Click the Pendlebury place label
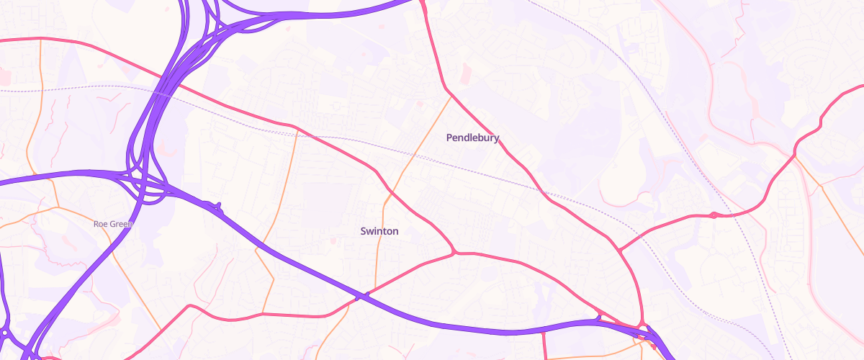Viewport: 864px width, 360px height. tap(472, 138)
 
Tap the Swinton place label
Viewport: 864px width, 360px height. tap(379, 231)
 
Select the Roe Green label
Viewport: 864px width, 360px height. tap(113, 224)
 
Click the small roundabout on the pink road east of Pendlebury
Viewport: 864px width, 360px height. tap(713, 215)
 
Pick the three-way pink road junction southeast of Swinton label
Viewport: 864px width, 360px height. tap(455, 253)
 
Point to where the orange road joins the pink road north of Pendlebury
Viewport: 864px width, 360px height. tap(451, 96)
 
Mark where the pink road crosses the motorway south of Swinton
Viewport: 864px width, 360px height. tap(364, 295)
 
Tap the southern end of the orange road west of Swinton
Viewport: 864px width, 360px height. tap(264, 314)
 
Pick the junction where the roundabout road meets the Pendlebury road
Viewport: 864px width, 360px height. tap(618, 251)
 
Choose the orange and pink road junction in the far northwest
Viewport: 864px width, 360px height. tap(41, 40)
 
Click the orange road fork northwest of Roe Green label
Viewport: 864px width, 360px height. tap(56, 209)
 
